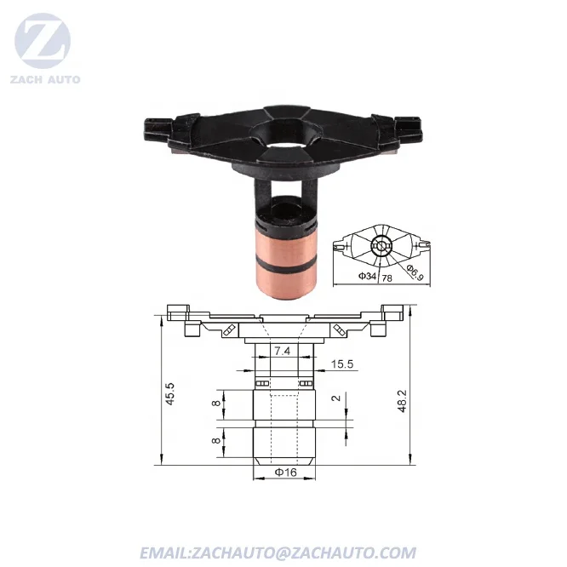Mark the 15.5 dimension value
[342, 364]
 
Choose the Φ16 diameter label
[285, 472]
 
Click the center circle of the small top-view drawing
[381, 245]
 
